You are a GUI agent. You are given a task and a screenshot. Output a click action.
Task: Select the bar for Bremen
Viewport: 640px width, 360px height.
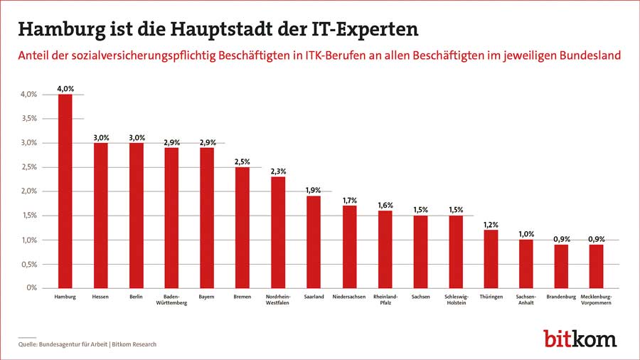coord(242,228)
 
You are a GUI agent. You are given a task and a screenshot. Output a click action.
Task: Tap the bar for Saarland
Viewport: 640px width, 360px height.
coord(314,242)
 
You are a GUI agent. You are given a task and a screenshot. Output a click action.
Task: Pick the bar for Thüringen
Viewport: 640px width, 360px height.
coord(491,259)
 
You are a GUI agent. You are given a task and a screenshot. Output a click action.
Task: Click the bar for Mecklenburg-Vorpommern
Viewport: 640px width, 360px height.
coord(597,266)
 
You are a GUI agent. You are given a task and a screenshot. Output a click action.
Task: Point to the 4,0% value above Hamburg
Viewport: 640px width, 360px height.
coord(65,89)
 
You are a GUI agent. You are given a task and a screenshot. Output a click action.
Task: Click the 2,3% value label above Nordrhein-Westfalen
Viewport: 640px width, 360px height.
coord(278,171)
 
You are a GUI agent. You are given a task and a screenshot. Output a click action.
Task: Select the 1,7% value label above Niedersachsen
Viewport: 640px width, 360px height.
coord(349,201)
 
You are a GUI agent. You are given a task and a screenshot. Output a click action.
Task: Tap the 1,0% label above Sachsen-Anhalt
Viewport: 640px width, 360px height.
coord(527,235)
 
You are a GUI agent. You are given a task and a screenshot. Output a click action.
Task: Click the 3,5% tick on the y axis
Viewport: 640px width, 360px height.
coord(28,119)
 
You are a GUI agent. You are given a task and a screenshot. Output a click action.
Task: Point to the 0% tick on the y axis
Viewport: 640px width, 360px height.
coord(32,288)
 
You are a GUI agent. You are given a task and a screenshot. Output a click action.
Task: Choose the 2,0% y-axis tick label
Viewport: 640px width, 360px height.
coord(28,191)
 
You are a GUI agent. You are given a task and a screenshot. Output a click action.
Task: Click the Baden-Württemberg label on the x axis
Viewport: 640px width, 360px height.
coord(171,300)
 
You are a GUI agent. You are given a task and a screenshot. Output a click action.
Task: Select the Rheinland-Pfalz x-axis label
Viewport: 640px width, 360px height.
coord(385,300)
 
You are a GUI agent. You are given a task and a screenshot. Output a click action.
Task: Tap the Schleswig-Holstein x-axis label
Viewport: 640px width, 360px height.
coord(456,300)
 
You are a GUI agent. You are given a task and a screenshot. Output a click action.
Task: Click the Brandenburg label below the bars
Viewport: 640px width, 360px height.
coord(562,296)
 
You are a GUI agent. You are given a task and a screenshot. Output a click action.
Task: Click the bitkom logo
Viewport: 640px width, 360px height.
coord(580,338)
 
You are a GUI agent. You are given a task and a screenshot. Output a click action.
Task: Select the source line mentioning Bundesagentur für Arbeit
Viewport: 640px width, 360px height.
coord(87,344)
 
